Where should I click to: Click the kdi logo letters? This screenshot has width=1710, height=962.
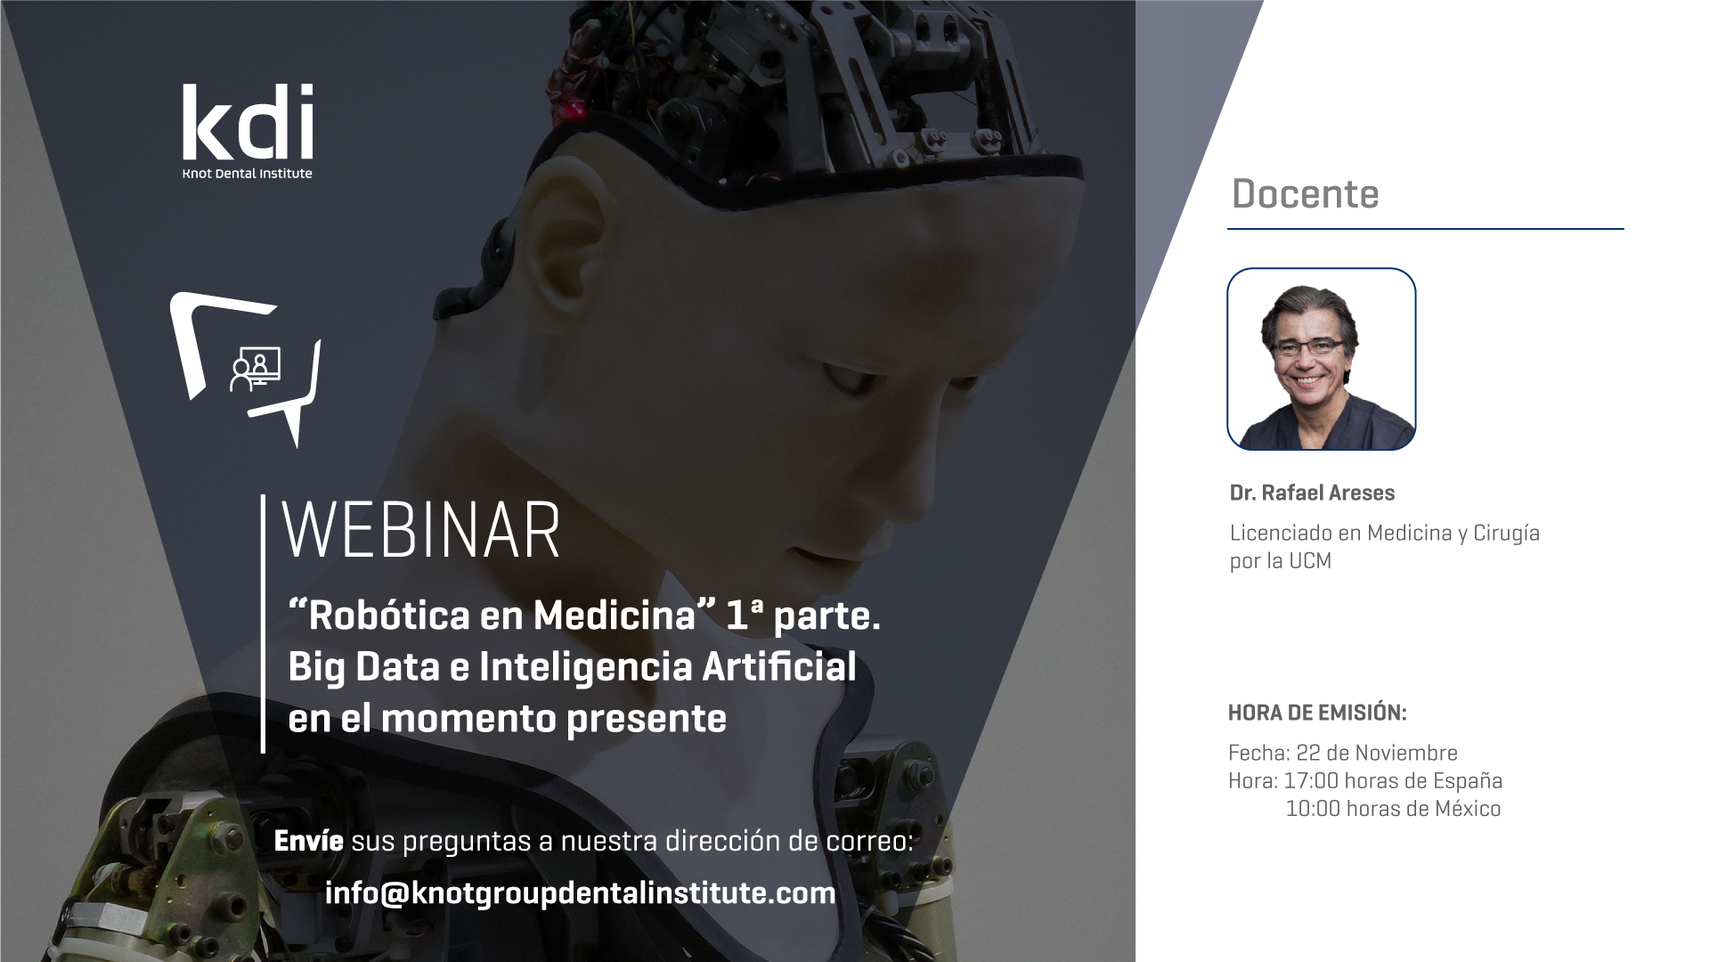coord(248,122)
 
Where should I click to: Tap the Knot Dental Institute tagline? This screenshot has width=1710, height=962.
coord(248,174)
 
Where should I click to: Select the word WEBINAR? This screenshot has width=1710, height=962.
coord(421,531)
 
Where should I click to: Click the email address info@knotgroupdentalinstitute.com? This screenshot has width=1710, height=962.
coord(581,893)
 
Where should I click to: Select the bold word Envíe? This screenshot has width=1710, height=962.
coord(308,841)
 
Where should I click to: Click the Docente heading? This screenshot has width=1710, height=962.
coord(1305,194)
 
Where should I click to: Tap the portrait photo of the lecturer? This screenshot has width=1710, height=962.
coord(1322,359)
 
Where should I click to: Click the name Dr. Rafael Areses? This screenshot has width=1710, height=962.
coord(1312,493)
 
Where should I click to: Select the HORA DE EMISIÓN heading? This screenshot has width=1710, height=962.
coord(1317,713)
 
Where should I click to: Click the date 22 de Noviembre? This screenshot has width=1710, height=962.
coord(1377,753)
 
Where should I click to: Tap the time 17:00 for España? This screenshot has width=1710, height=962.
coord(1311,781)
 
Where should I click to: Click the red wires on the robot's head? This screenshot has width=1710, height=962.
coord(570,80)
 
